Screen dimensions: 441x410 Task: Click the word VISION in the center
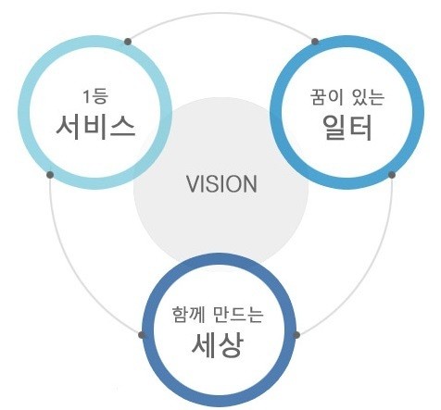coord(221,184)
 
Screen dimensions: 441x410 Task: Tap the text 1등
coord(95,96)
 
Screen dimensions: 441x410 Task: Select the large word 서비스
coord(95,127)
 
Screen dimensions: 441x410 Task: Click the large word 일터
coord(347,127)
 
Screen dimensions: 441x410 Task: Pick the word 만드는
coord(238,315)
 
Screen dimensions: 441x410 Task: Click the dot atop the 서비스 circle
coord(128,42)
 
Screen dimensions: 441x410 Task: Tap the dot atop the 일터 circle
coord(315,42)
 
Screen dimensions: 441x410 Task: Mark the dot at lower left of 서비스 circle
coord(50,175)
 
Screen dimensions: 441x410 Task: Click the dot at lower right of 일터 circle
coord(392,175)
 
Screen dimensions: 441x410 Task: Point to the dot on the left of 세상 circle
coord(142,335)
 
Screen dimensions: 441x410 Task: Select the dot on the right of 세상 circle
coord(296,335)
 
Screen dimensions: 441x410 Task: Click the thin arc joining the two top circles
coord(221,13)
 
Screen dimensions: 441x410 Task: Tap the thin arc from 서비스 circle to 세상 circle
coord(75,270)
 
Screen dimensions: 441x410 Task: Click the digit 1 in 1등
coord(86,96)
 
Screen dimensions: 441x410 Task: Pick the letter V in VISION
coord(192,184)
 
